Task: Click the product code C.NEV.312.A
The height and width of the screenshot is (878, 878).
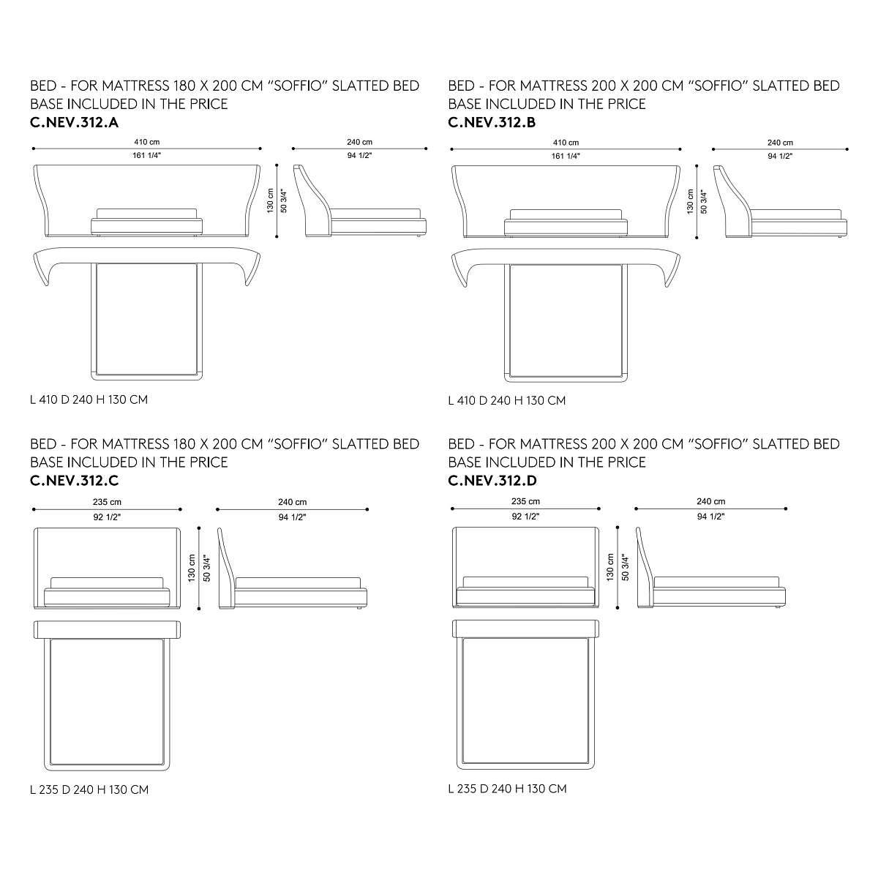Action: (75, 123)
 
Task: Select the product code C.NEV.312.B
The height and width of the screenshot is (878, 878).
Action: (492, 123)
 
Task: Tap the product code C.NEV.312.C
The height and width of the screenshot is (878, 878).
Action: (75, 481)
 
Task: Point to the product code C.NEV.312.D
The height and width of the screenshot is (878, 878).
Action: (492, 481)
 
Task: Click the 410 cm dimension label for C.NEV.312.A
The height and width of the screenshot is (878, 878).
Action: (147, 142)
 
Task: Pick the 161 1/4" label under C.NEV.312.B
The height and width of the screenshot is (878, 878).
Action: (566, 157)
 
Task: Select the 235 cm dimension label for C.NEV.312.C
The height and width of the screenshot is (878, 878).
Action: (107, 502)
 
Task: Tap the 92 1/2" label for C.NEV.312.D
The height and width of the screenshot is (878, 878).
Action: (525, 517)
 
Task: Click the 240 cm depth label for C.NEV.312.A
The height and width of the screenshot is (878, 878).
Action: (359, 142)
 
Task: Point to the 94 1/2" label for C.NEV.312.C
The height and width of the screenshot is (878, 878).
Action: (292, 517)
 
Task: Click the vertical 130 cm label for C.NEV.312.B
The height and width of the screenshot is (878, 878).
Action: (690, 201)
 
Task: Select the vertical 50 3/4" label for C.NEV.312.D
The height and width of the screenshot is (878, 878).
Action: (625, 568)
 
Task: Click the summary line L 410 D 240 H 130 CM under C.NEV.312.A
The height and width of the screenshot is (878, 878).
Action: (89, 400)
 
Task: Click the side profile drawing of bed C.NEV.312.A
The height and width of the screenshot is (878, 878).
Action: (360, 201)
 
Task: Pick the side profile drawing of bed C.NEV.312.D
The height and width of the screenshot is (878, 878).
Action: (710, 568)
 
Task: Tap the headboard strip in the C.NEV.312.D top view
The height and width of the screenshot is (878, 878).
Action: (526, 629)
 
